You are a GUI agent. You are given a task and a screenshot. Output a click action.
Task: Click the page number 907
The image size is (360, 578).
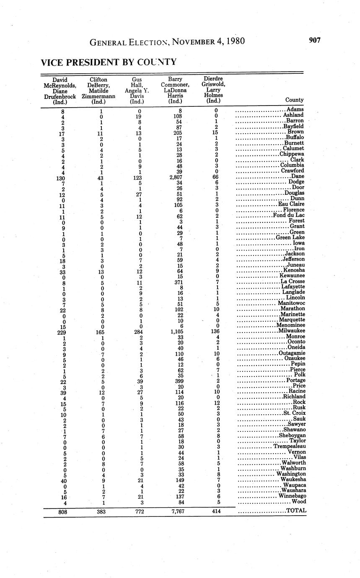[314, 41]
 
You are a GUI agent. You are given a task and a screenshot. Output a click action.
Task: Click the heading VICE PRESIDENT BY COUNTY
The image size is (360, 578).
[109, 62]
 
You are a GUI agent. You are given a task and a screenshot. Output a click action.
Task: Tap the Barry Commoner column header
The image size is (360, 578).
[175, 90]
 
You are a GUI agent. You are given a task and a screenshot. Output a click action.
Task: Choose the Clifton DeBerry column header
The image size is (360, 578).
[98, 90]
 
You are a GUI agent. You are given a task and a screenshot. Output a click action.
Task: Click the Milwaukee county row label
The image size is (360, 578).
[290, 331]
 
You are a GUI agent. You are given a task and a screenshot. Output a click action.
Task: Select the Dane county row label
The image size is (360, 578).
[298, 176]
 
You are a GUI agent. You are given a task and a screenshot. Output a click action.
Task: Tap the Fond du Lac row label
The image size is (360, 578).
[289, 215]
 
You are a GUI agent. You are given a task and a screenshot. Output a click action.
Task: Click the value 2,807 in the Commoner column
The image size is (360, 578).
[175, 177]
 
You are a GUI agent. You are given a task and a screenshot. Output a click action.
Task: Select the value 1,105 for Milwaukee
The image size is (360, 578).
[176, 332]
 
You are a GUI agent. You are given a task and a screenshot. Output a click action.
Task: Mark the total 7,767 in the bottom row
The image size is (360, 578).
[175, 511]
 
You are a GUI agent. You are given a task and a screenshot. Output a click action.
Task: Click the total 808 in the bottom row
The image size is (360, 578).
[62, 511]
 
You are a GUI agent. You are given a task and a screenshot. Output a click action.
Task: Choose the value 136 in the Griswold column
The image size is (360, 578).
[215, 332]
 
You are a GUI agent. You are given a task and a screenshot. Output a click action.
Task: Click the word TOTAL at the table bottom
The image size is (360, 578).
[296, 511]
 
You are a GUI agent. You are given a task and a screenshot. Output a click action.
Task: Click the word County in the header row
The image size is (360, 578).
[294, 100]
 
